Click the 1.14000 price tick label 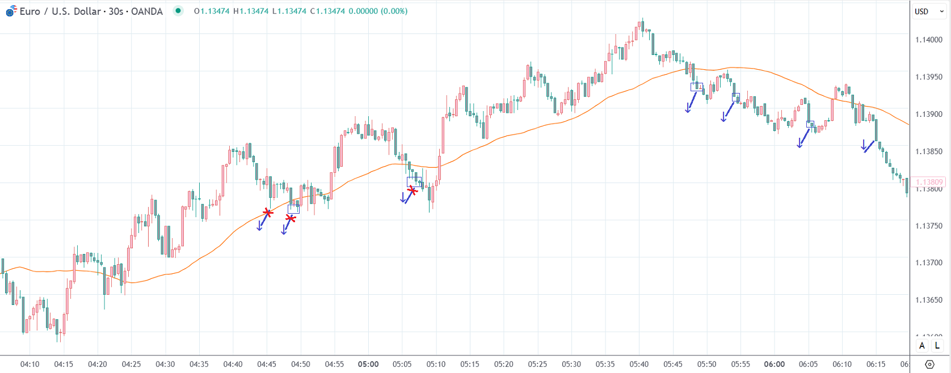click(928, 40)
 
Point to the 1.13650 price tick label click(928, 300)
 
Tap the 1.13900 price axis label click(928, 114)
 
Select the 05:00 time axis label click(368, 364)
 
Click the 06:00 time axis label click(775, 364)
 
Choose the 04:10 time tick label click(30, 364)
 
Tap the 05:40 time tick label click(639, 364)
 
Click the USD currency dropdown click(929, 11)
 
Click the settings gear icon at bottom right click(929, 364)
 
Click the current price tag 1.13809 click(929, 182)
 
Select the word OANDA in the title click(147, 11)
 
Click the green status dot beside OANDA click(178, 11)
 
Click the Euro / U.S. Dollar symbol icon click(11, 11)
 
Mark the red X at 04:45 click(268, 213)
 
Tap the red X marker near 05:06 click(413, 190)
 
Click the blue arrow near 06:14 click(866, 146)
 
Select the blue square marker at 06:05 click(810, 124)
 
